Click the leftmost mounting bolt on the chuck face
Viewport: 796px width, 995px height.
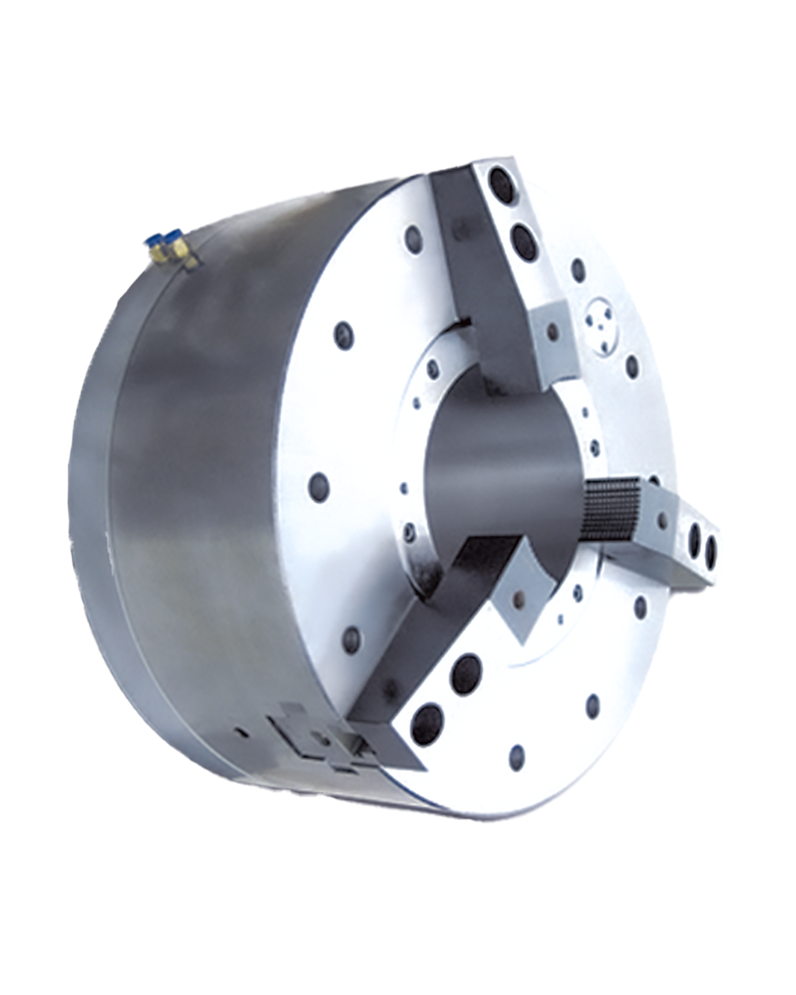(319, 485)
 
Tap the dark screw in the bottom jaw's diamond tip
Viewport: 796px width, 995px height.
(519, 601)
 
